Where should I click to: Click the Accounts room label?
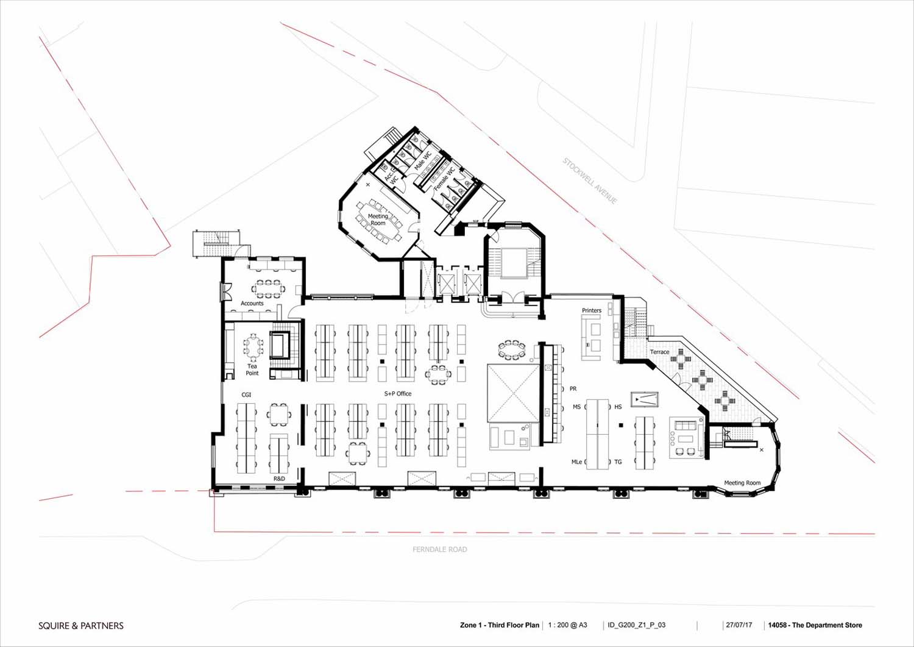click(x=252, y=304)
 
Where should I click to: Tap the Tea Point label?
click(x=252, y=370)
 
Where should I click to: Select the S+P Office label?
click(x=397, y=394)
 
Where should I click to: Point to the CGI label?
click(x=246, y=395)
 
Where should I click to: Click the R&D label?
click(x=279, y=478)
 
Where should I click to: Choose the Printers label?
click(x=592, y=310)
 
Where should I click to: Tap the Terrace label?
click(x=659, y=352)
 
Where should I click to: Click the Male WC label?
click(x=423, y=161)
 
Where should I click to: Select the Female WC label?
click(x=444, y=179)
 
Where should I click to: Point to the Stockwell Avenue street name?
click(x=590, y=181)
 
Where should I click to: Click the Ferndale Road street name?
click(x=440, y=549)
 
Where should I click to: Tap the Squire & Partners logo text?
click(x=81, y=626)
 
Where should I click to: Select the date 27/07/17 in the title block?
click(x=739, y=625)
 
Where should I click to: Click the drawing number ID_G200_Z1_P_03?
click(x=637, y=625)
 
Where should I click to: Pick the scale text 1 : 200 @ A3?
click(x=567, y=625)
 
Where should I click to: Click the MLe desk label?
click(x=576, y=462)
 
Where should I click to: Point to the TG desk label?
click(x=618, y=462)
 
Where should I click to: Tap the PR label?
click(x=573, y=389)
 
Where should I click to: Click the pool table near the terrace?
click(x=644, y=399)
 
